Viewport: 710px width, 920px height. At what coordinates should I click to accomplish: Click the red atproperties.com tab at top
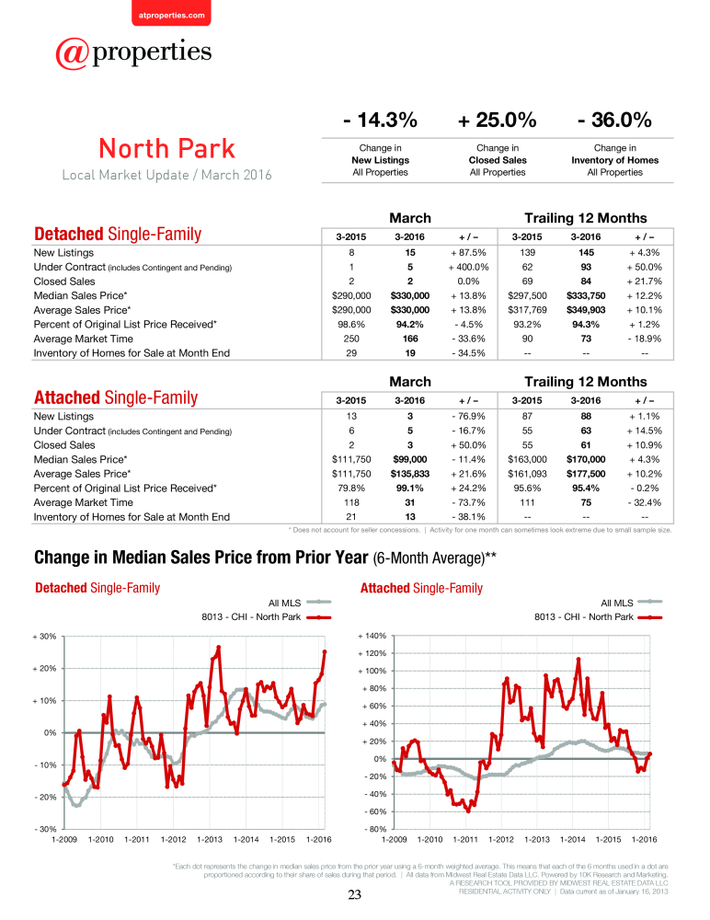pos(171,12)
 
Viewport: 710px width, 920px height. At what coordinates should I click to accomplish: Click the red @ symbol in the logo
pos(72,53)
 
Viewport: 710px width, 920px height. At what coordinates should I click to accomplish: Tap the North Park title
pos(166,148)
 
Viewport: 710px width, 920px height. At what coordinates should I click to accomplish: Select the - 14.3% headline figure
pos(380,120)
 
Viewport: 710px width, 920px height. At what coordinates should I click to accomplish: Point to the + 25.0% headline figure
pos(497,120)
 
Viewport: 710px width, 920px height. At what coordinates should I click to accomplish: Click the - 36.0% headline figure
pos(614,120)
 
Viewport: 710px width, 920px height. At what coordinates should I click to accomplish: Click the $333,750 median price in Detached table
pos(586,295)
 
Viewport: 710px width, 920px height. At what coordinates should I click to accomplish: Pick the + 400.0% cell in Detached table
pos(468,267)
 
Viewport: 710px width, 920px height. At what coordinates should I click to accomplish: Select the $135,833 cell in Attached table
pos(409,474)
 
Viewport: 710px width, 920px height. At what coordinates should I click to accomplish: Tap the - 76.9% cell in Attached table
pos(468,416)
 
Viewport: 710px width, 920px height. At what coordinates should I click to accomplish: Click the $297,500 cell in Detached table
pos(527,295)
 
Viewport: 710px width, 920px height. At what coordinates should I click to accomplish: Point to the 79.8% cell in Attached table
pos(351,489)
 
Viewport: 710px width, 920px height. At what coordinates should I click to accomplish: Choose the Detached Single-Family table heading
pos(118,234)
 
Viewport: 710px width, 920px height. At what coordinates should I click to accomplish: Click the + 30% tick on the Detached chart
pos(44,636)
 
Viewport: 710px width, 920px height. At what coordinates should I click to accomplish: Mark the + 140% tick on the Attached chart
pos(372,636)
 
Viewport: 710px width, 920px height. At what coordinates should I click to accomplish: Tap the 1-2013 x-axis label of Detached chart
pos(210,840)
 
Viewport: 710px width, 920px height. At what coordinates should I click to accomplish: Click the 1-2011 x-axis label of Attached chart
pos(465,840)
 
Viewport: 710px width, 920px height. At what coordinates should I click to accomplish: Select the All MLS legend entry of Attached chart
pos(632,603)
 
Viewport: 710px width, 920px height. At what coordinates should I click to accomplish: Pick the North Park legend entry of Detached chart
pos(267,617)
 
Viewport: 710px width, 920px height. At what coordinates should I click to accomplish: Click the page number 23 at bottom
pos(354,895)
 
